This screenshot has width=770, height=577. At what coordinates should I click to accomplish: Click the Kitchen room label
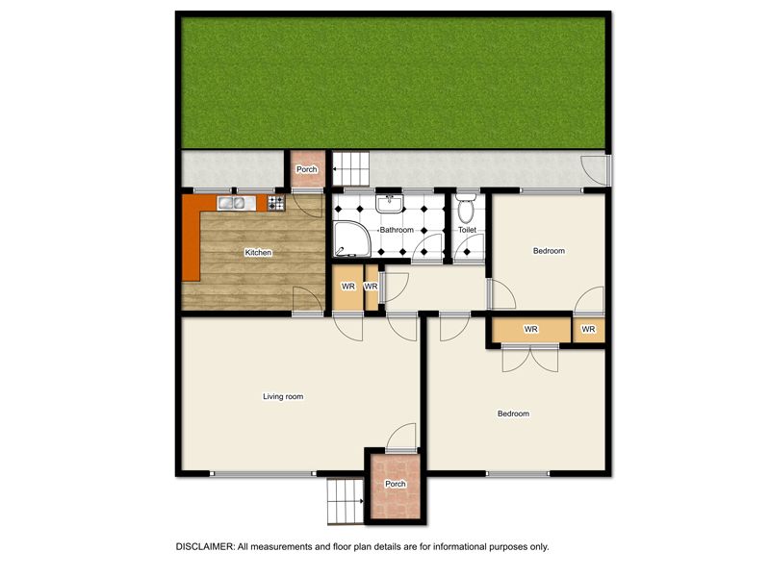click(258, 252)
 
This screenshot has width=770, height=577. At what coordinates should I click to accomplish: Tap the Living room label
click(283, 396)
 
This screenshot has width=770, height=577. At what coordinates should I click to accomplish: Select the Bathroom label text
click(397, 230)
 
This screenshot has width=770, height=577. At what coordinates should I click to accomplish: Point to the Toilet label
click(467, 230)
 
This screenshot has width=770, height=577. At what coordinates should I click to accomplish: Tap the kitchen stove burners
click(276, 203)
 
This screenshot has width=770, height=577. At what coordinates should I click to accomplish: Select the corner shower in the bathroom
click(352, 238)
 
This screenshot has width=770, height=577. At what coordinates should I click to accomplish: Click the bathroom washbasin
click(390, 204)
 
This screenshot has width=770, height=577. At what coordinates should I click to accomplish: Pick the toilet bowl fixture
click(466, 208)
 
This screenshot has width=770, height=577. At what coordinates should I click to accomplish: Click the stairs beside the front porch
click(346, 501)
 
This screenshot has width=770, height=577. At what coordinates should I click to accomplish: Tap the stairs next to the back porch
click(351, 169)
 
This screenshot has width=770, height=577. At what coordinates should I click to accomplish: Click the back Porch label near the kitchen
click(306, 169)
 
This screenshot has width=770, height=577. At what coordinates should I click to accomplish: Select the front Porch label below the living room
click(396, 484)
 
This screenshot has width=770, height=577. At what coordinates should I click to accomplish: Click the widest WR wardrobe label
click(531, 329)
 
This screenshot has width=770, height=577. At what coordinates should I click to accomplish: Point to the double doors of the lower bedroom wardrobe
click(530, 358)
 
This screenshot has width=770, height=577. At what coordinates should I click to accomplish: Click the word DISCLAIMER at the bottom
click(205, 546)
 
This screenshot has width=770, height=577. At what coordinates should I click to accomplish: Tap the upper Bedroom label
click(549, 251)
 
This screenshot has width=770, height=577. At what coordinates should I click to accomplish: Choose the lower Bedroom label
click(513, 414)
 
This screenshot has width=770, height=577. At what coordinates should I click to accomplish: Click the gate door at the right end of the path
click(596, 170)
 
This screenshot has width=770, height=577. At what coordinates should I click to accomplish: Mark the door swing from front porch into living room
click(401, 438)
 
